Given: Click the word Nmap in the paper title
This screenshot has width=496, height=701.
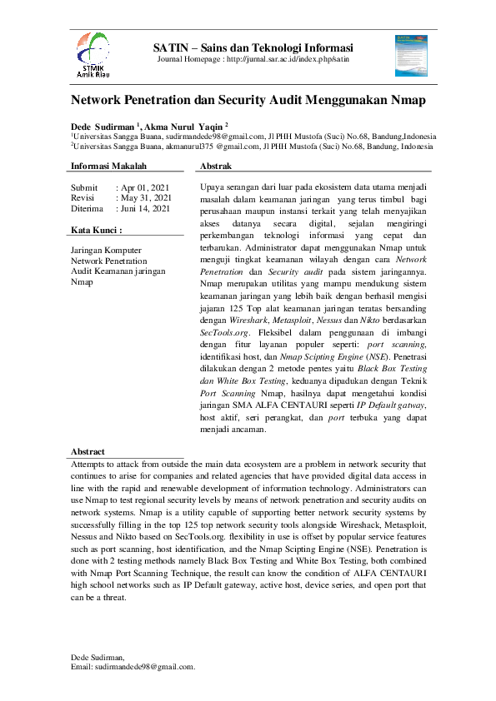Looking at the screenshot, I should click(x=403, y=101).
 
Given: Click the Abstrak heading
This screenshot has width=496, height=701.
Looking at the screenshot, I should click(x=217, y=167).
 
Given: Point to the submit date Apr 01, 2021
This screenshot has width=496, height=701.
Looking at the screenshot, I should click(x=145, y=187).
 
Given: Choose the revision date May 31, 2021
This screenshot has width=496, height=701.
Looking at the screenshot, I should click(x=146, y=198).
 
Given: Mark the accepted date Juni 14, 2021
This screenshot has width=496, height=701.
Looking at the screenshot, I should click(x=147, y=209).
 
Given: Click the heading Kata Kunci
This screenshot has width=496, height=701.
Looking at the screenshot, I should click(x=97, y=229).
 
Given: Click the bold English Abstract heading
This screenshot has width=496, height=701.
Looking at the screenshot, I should click(x=88, y=451).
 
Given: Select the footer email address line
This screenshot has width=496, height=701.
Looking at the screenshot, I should click(x=133, y=666).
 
